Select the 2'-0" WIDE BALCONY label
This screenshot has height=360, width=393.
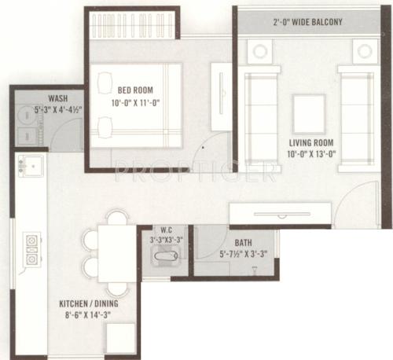pyautogui.click(x=308, y=22)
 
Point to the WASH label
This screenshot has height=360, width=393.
pyautogui.click(x=57, y=99)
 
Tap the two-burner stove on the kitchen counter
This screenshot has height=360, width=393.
pyautogui.click(x=32, y=248)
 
